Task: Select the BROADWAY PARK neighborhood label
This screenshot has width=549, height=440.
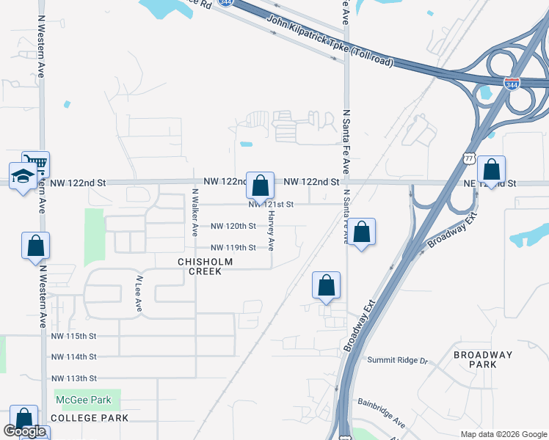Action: point(482,359)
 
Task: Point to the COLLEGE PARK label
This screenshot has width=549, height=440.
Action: point(92,418)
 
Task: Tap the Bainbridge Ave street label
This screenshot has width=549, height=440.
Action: point(382,413)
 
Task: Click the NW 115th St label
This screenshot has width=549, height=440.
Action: point(74,336)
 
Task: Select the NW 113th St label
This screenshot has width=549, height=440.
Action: point(74,378)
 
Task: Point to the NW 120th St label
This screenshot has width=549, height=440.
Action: point(233,227)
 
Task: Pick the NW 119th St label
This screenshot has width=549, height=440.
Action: point(233,248)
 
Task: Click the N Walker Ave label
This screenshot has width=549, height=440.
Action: point(195,213)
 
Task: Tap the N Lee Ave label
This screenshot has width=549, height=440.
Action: point(138,294)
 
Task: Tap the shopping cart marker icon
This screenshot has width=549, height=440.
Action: point(35,163)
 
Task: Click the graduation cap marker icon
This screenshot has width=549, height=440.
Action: point(23,176)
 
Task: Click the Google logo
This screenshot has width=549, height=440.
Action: point(24,431)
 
